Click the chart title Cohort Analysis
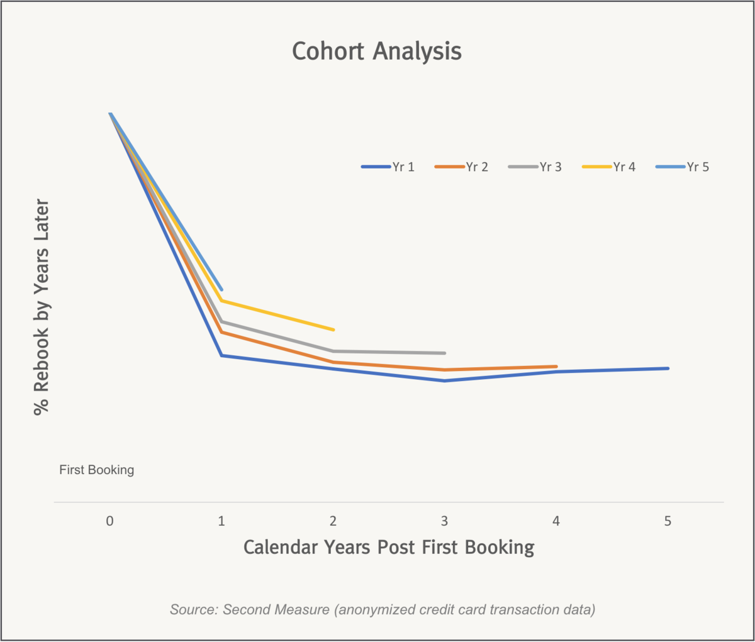click(377, 52)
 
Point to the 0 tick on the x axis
click(110, 521)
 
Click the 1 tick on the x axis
click(221, 521)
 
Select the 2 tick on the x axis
click(333, 521)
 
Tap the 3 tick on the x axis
click(445, 521)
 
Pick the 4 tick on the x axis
click(556, 521)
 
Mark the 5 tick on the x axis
click(668, 521)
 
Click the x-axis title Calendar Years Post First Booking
click(389, 547)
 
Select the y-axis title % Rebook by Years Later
click(42, 307)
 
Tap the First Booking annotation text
click(97, 470)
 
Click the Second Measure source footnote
click(383, 609)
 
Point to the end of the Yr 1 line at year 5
click(667, 368)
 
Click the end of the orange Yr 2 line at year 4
click(556, 367)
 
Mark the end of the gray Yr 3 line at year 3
click(444, 353)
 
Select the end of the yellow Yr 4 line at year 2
click(333, 329)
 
